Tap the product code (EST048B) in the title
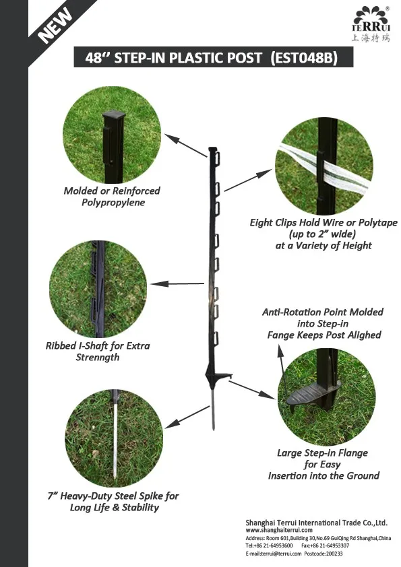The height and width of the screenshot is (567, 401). click(x=303, y=58)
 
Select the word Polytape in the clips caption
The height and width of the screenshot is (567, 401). click(x=375, y=222)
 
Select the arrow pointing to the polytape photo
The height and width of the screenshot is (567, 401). click(x=247, y=180)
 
